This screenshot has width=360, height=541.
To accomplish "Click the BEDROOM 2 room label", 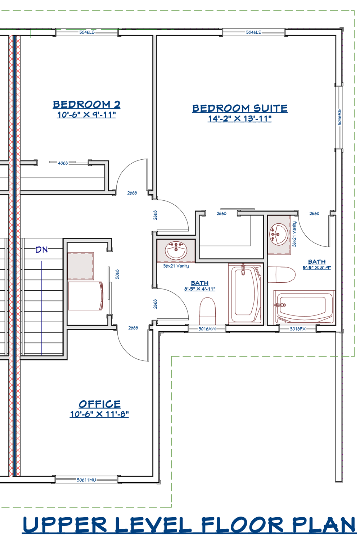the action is pos(86,105).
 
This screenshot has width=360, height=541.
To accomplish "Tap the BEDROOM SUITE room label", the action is pos(240,108).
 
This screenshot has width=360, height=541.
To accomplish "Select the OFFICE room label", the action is pos(100,404).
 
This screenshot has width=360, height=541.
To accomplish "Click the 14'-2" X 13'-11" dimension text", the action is pos(240,119).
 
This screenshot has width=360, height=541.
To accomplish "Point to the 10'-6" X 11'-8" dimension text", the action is pos(99,414).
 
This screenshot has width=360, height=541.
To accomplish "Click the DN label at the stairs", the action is pos(42,250).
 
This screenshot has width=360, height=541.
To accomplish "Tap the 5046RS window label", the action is pos(339,117).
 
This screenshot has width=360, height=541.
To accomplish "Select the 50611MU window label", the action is pos(86,480).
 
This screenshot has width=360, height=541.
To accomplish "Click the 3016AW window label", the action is pos(207,329).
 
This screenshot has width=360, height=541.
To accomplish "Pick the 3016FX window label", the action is pos(298,329).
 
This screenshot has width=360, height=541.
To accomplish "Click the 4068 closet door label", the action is pos(63,163).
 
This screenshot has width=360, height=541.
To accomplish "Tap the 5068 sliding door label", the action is pos(117,274).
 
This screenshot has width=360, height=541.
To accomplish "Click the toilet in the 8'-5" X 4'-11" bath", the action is pos(207,311).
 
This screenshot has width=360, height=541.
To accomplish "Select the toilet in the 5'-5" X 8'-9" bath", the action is pos(282,274).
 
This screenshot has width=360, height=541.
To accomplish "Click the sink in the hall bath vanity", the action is pos(176,250).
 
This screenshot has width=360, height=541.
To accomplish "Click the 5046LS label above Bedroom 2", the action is pos(87,32).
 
